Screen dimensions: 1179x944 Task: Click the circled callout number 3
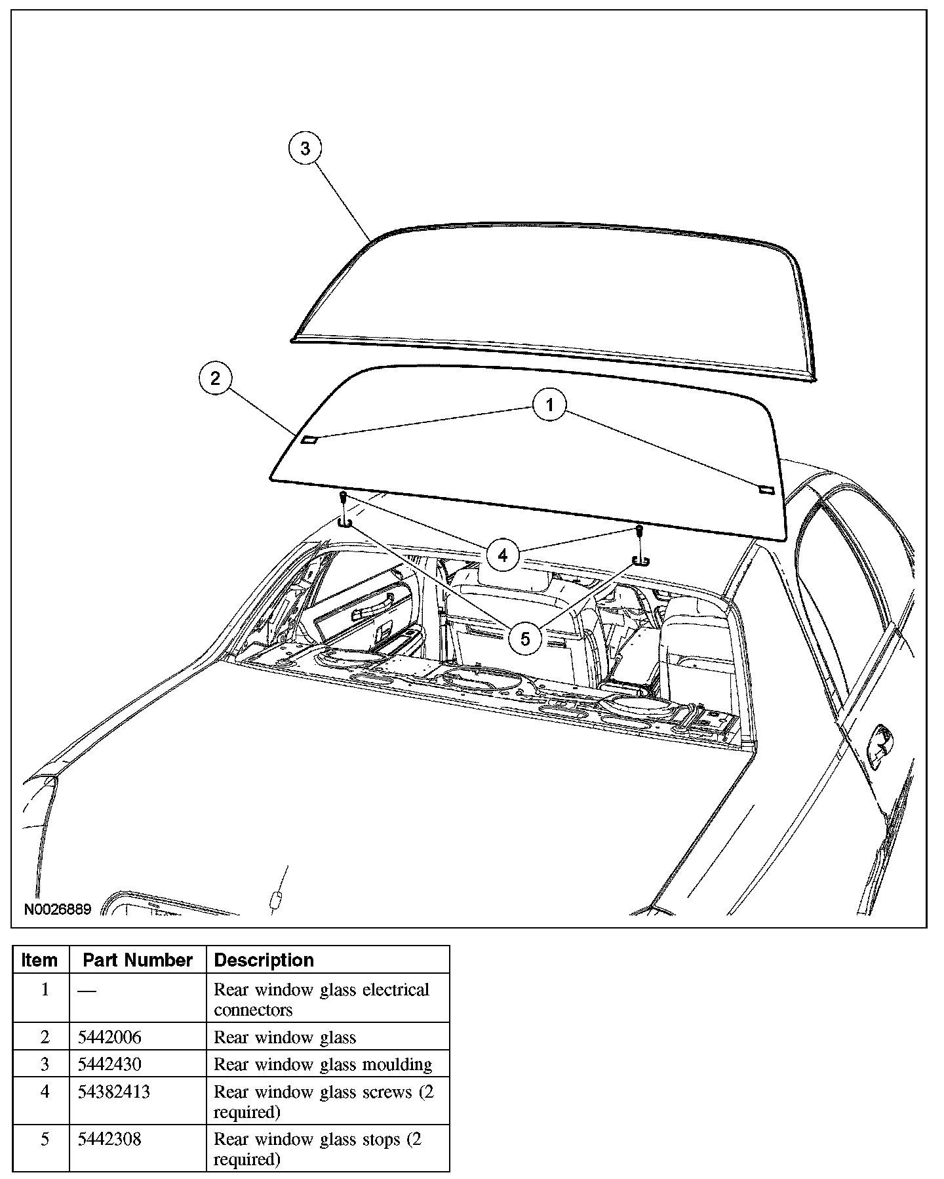click(x=305, y=149)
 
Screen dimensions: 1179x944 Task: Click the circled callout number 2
click(x=216, y=378)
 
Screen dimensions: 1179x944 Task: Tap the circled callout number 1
click(x=550, y=405)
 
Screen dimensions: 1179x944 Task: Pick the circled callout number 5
click(x=524, y=638)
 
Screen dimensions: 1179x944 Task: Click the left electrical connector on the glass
click(x=309, y=439)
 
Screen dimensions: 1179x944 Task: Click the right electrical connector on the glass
click(x=766, y=489)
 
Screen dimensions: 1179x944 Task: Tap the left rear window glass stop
click(x=345, y=522)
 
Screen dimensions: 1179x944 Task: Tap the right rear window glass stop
click(x=640, y=560)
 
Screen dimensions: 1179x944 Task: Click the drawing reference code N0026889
click(x=58, y=909)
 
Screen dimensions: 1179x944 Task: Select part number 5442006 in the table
click(x=109, y=1037)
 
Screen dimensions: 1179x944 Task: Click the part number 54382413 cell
click(x=114, y=1092)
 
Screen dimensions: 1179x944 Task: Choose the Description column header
click(x=264, y=960)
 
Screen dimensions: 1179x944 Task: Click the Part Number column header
click(x=138, y=960)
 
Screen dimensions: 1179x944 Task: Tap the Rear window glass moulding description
click(x=323, y=1064)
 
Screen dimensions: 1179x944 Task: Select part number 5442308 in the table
click(x=109, y=1139)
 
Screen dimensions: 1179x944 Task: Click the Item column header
click(x=39, y=960)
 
